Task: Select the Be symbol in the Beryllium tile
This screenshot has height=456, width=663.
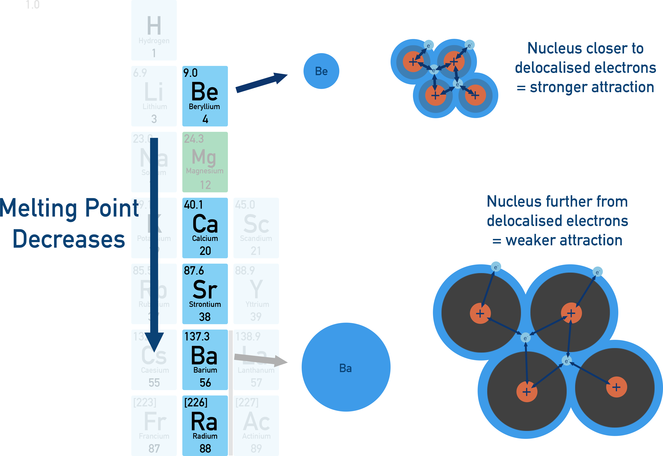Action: pyautogui.click(x=204, y=91)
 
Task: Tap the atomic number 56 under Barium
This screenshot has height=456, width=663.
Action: pyautogui.click(x=205, y=383)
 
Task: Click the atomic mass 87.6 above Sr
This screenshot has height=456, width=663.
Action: pyautogui.click(x=194, y=271)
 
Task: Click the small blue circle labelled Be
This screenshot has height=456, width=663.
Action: pyautogui.click(x=321, y=71)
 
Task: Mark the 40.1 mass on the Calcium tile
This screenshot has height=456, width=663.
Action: pyautogui.click(x=193, y=205)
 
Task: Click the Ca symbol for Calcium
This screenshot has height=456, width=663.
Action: pyautogui.click(x=205, y=224)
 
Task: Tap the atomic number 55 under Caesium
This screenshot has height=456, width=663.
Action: pyautogui.click(x=154, y=383)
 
